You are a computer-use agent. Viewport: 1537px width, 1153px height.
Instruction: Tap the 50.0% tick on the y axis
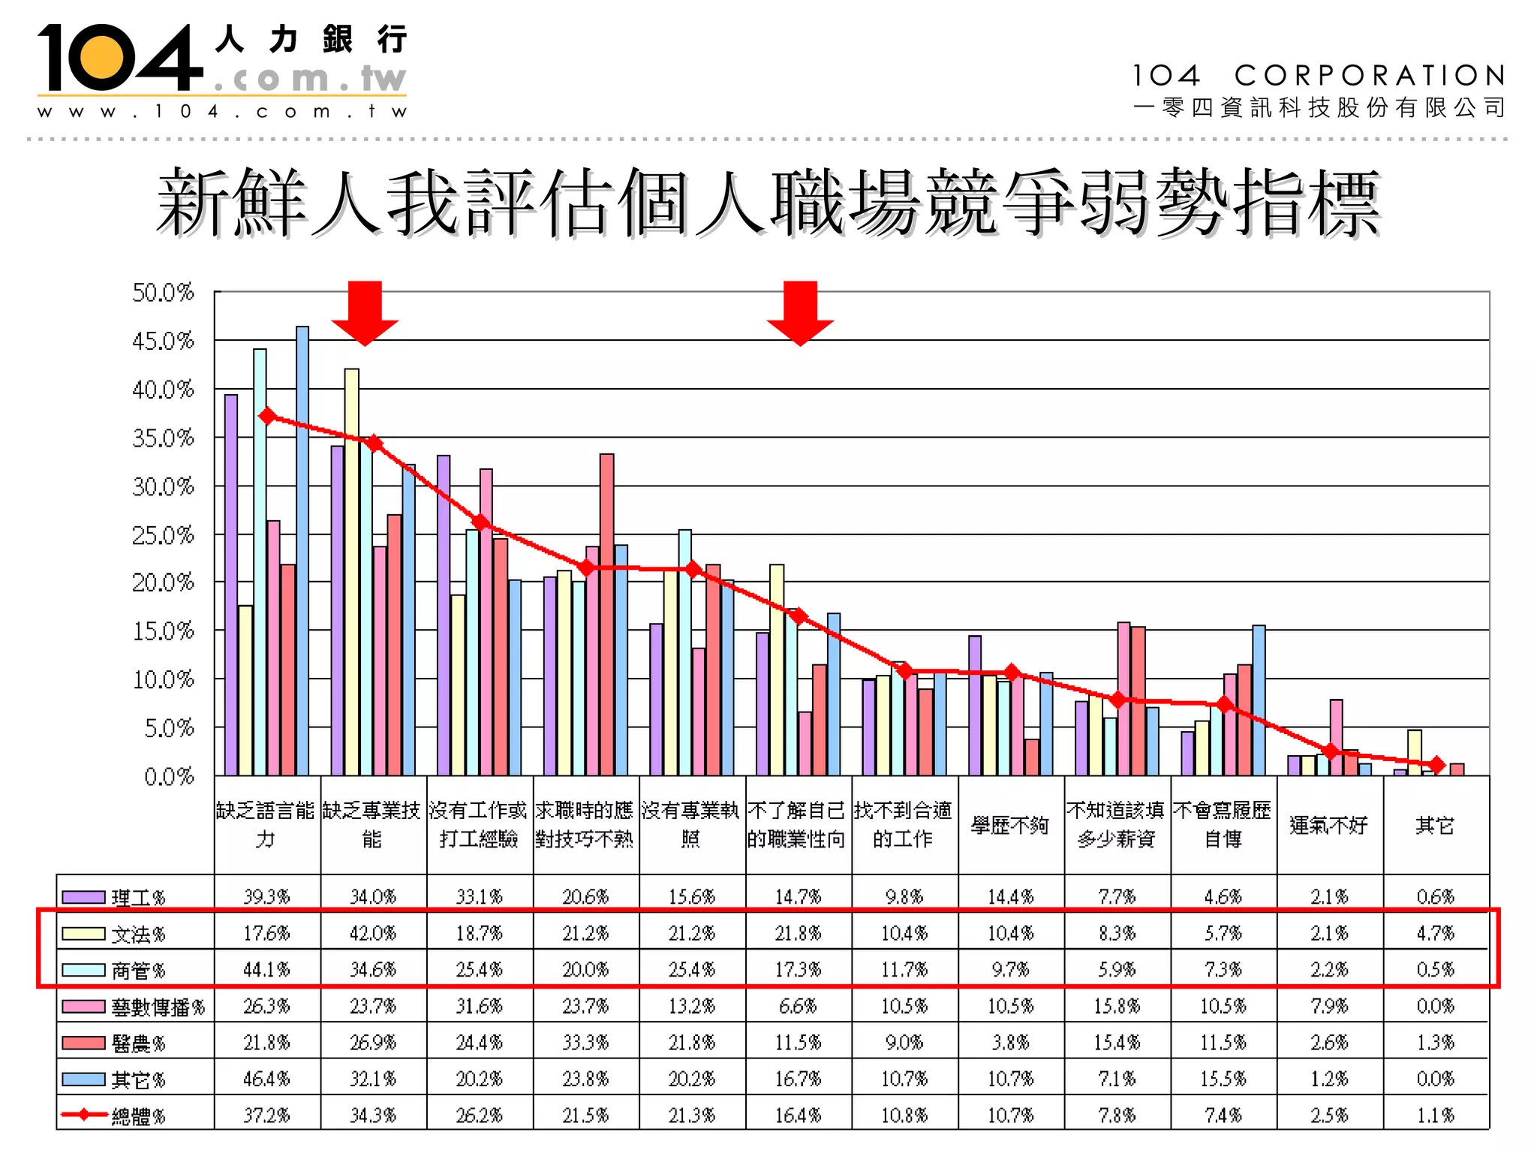(x=163, y=292)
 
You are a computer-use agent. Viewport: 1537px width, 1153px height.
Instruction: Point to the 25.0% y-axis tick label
(x=163, y=535)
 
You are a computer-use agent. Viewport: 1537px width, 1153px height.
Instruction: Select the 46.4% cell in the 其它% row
(x=266, y=1079)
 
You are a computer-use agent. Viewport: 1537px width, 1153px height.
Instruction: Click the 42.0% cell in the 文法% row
(x=373, y=933)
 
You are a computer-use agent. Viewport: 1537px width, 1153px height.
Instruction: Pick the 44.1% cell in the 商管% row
(x=266, y=969)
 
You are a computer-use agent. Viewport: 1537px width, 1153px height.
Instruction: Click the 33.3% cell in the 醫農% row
(x=585, y=1042)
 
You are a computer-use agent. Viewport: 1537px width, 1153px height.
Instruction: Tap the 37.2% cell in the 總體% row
(x=266, y=1115)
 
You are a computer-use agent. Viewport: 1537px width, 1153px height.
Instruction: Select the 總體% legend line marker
(x=83, y=1115)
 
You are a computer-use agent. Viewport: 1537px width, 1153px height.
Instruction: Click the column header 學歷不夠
(x=1010, y=825)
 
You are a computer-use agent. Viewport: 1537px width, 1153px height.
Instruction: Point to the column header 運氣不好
(x=1329, y=825)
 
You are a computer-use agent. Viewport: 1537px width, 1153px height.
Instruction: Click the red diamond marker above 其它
(x=1436, y=765)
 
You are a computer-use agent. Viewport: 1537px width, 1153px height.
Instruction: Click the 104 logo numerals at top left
(x=120, y=58)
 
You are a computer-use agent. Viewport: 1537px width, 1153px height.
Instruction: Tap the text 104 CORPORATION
(x=1318, y=75)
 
